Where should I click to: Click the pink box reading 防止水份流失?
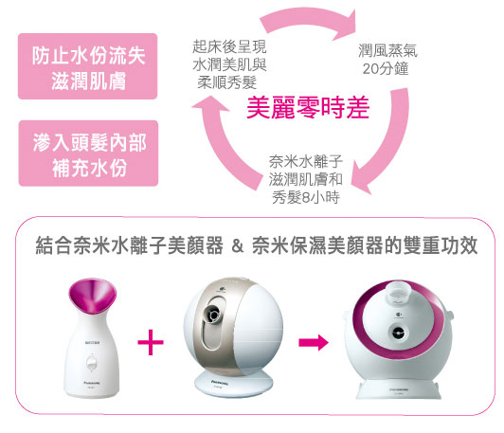87,66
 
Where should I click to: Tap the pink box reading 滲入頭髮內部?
88,153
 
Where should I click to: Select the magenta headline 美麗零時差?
308,108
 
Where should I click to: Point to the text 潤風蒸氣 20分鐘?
387,60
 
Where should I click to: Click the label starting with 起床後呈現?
229,64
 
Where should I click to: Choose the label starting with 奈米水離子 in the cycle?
306,179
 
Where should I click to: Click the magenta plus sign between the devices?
151,342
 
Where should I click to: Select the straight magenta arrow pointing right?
314,342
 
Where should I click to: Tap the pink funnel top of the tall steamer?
92,296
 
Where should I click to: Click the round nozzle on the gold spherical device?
212,313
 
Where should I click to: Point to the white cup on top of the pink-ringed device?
399,293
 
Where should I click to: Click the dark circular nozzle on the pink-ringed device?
398,333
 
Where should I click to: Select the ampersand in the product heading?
237,246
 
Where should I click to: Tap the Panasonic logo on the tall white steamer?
92,383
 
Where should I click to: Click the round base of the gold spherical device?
234,384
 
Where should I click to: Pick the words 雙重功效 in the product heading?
441,246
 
